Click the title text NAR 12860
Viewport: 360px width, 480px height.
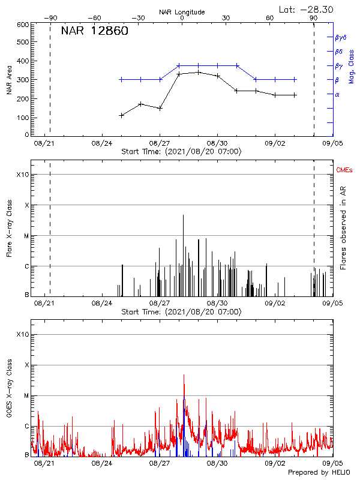pyautogui.click(x=94, y=32)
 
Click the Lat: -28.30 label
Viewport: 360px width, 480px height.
pyautogui.click(x=306, y=8)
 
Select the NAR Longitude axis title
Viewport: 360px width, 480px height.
pyautogui.click(x=182, y=11)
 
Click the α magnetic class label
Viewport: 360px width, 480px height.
pyautogui.click(x=337, y=94)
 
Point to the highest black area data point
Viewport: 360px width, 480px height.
pyautogui.click(x=198, y=72)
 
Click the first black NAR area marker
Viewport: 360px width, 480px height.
pyautogui.click(x=121, y=115)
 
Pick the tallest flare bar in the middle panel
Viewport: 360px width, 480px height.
pyautogui.click(x=184, y=215)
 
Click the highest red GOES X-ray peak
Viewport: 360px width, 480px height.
pyautogui.click(x=184, y=374)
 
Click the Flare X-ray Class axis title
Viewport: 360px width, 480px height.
pyautogui.click(x=9, y=228)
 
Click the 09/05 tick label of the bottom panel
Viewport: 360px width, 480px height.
pyautogui.click(x=332, y=463)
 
